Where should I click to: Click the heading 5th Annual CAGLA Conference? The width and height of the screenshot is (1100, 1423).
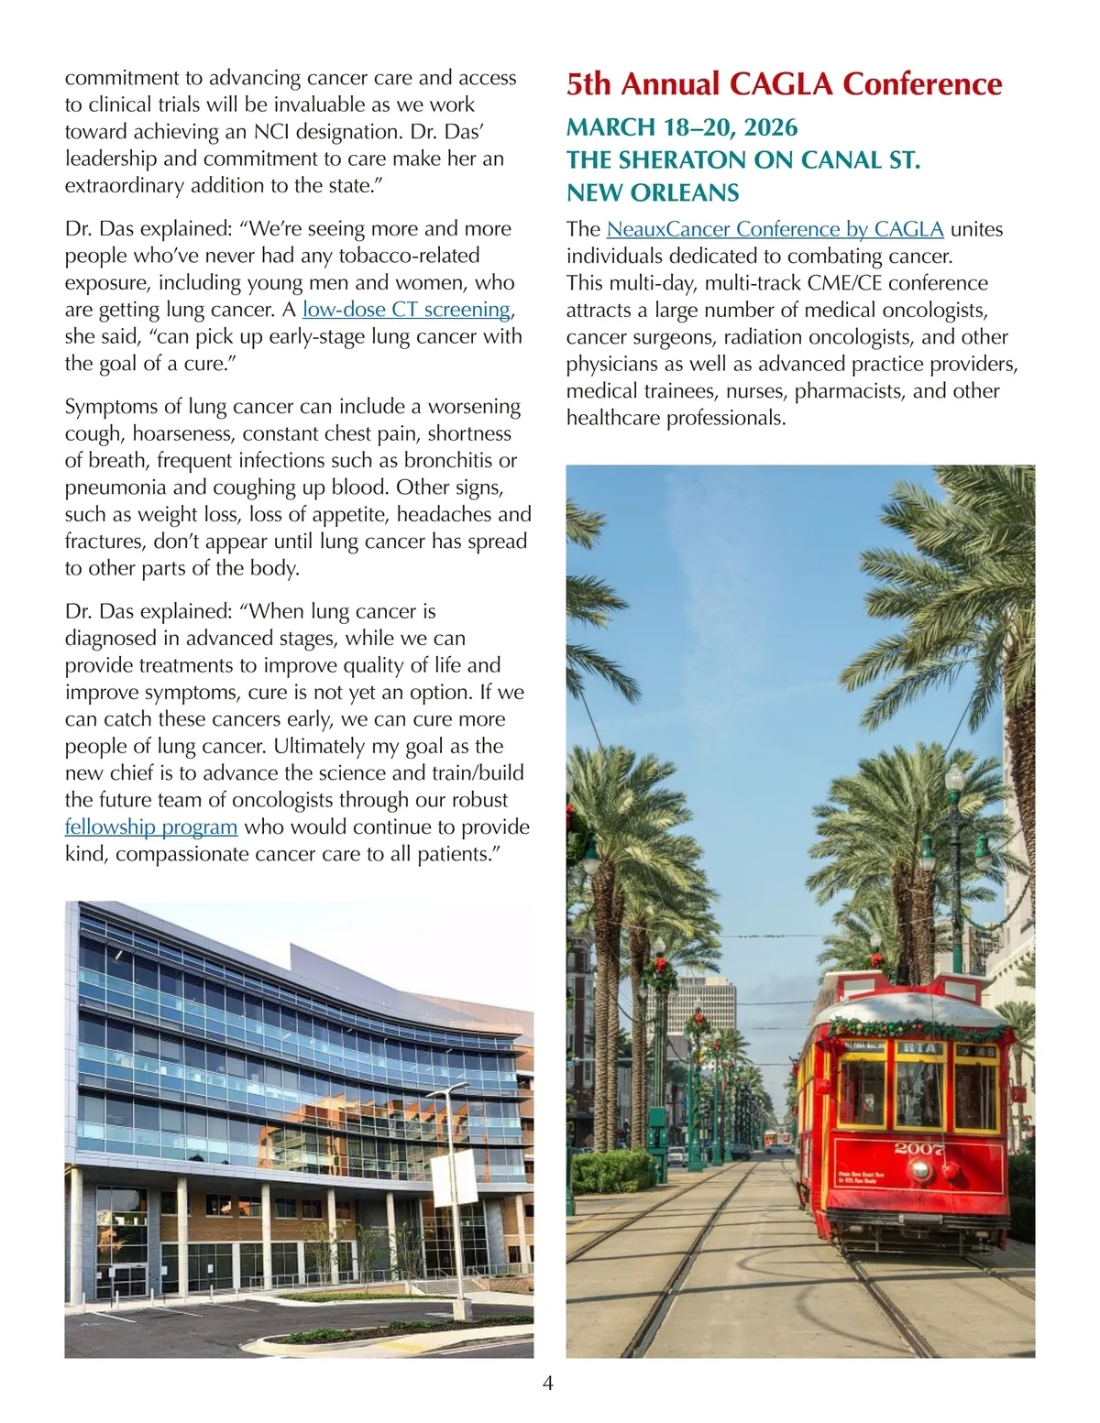click(784, 84)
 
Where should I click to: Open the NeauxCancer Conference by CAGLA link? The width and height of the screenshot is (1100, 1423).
click(775, 229)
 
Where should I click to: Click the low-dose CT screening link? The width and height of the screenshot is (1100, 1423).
click(406, 310)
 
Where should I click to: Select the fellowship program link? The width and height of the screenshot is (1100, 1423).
click(151, 827)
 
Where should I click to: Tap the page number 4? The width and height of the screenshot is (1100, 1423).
click(548, 1383)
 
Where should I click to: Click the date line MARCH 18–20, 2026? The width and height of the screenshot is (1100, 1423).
click(681, 127)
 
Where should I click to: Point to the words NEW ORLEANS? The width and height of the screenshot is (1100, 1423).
click(653, 193)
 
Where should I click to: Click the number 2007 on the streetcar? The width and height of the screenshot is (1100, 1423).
click(919, 1148)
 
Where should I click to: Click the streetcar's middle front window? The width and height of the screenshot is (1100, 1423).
click(919, 1092)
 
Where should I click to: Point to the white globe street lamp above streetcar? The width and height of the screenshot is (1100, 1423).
click(954, 780)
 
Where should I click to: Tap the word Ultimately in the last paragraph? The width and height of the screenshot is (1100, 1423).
click(324, 747)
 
